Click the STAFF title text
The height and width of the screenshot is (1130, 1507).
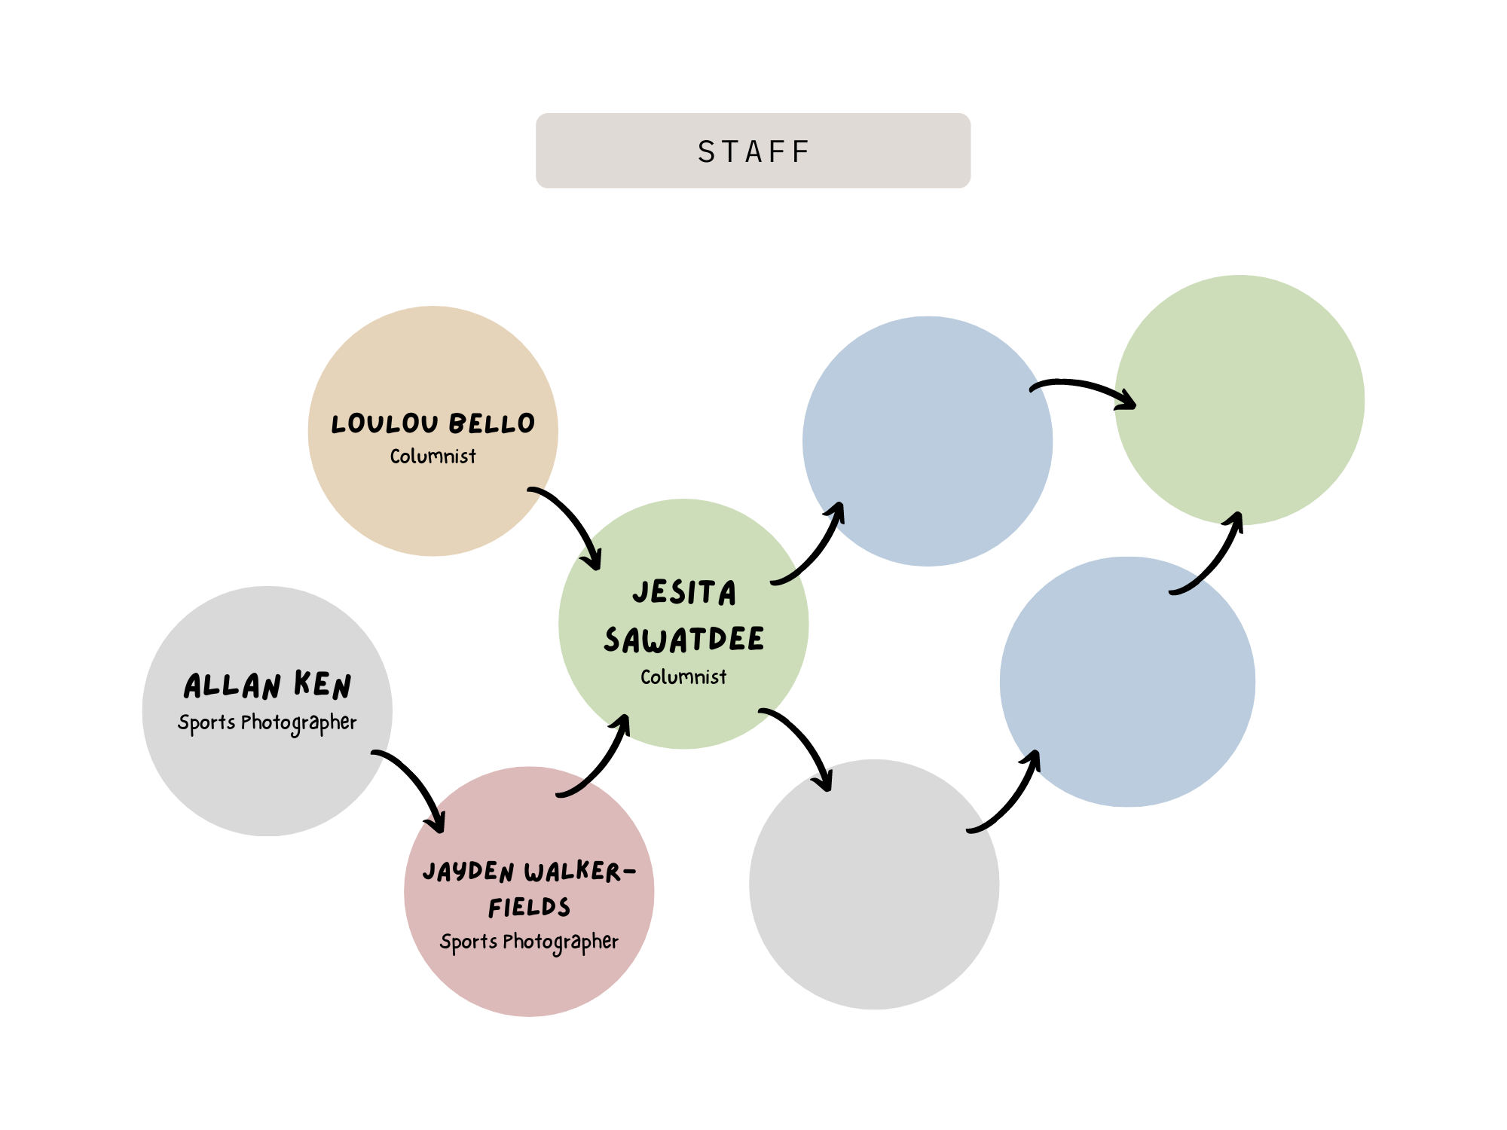coord(753,151)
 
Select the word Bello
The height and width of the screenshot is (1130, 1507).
coord(491,423)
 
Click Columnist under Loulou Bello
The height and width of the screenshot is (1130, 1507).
coord(433,456)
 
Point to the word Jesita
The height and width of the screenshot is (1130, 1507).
coord(684,592)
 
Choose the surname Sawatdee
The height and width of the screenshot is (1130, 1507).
coord(683,639)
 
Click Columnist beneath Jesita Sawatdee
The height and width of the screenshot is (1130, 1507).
coord(683,676)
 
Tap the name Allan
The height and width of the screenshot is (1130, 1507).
coord(232,686)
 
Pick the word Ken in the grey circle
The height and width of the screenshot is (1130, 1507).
coord(322,684)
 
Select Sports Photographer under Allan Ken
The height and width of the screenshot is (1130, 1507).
coord(267,723)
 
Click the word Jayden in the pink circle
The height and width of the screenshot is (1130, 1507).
coord(469,872)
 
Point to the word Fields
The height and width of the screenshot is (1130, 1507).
coord(529,907)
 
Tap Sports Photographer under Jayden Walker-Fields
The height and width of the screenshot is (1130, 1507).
coord(529,942)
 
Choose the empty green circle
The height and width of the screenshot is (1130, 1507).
coord(1240,400)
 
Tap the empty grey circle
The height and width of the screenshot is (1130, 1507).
coord(874,884)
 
